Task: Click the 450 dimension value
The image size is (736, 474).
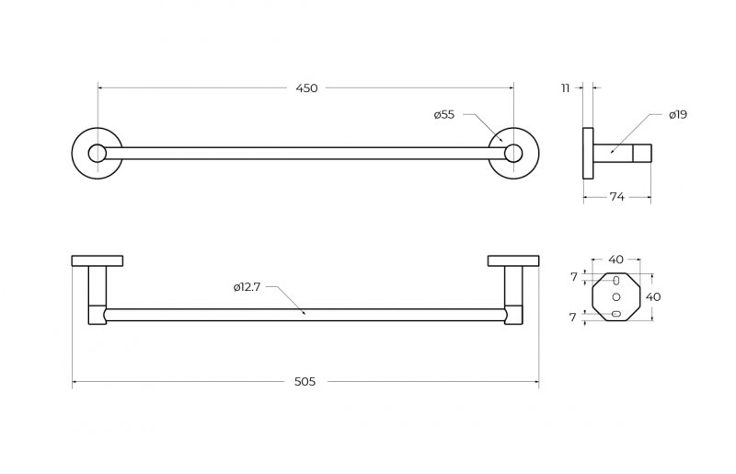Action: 306,88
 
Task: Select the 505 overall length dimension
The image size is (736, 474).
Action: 305,382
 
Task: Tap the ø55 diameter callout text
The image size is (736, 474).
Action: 444,115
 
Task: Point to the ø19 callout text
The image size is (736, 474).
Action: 678,115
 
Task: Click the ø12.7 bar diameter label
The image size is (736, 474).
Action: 247,287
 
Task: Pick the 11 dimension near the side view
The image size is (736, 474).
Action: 565,88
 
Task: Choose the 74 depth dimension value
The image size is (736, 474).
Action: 616,197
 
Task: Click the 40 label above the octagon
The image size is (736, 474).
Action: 615,260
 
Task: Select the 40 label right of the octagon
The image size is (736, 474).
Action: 653,297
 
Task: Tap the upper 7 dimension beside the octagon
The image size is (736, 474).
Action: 573,277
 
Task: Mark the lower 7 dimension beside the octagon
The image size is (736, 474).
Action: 572,318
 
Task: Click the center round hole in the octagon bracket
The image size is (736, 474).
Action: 616,297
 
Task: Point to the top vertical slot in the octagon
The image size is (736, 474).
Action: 616,281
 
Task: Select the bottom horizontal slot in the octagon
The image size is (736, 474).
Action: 616,313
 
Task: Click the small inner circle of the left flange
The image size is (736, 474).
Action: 98,153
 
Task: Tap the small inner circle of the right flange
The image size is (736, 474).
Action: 513,153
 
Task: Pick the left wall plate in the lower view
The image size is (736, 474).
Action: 98,260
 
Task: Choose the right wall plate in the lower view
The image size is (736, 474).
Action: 513,260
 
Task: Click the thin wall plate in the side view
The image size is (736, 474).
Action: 588,153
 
